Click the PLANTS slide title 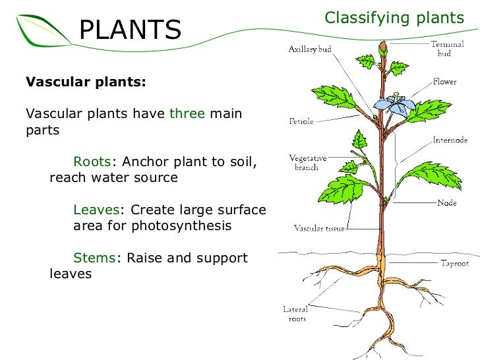130,29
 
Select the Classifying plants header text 395,18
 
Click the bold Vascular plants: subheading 86,83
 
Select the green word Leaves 96,210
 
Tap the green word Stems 94,258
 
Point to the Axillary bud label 309,49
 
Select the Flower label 445,82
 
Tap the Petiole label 301,121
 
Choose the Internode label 450,140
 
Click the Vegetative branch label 305,163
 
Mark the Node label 446,203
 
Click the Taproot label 454,263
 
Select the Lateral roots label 295,314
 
